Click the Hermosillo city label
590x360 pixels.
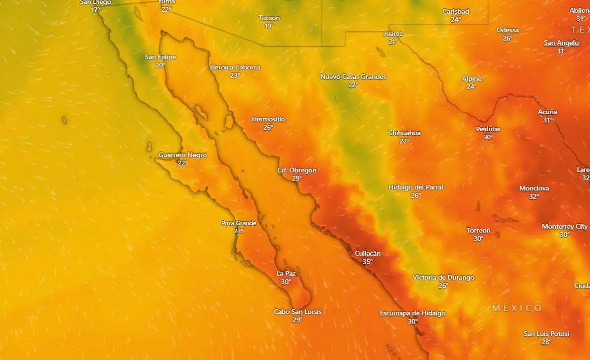pos(268,120)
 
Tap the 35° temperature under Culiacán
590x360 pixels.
pos(367,262)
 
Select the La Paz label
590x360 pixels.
pos(286,273)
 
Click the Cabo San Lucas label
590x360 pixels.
pos(297,312)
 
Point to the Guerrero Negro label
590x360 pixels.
pos(182,155)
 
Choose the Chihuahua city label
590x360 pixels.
pos(404,133)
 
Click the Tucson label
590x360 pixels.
pos(269,18)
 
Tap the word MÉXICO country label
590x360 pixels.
pos(517,308)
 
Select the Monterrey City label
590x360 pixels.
pos(564,227)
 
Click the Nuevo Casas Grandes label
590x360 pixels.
pos(353,77)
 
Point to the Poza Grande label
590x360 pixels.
pos(238,223)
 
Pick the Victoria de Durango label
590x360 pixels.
pos(443,277)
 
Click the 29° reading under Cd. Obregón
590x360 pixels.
pos(296,179)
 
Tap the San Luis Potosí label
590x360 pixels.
pos(546,334)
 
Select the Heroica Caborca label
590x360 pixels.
pos(235,67)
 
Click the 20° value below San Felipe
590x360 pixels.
pos(160,65)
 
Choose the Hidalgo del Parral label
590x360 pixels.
pos(415,187)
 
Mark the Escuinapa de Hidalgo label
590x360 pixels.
pos(413,313)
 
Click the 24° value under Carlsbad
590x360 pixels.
pos(456,20)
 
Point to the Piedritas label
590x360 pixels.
pos(488,129)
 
